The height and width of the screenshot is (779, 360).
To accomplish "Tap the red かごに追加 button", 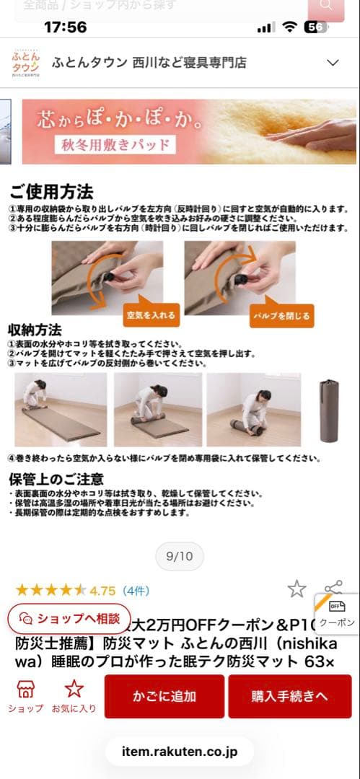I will pyautogui.click(x=164, y=696).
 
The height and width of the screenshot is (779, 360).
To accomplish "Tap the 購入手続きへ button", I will pyautogui.click(x=289, y=696).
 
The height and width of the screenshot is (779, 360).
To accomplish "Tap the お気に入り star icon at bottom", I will pyautogui.click(x=74, y=696).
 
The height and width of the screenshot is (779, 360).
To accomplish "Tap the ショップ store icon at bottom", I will pyautogui.click(x=25, y=696).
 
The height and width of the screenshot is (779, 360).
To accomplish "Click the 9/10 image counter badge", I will pyautogui.click(x=180, y=556).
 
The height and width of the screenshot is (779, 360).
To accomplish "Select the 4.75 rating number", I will pyautogui.click(x=102, y=591).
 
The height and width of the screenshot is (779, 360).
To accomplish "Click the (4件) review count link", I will pyautogui.click(x=136, y=591).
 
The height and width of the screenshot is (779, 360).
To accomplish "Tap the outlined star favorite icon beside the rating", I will pyautogui.click(x=297, y=589).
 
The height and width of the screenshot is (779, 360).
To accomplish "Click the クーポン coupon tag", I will pyautogui.click(x=337, y=614).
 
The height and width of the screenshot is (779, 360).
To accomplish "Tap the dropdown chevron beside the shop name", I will pyautogui.click(x=333, y=63).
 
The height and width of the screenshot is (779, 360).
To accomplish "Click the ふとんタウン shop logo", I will pyautogui.click(x=26, y=63).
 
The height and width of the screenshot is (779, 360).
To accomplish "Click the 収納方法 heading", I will pyautogui.click(x=35, y=330).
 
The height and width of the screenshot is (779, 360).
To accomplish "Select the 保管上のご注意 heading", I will pyautogui.click(x=56, y=479).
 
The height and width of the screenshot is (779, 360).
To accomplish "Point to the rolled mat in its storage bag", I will pyautogui.click(x=329, y=410).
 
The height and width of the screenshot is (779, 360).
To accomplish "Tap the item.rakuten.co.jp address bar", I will pyautogui.click(x=180, y=752).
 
